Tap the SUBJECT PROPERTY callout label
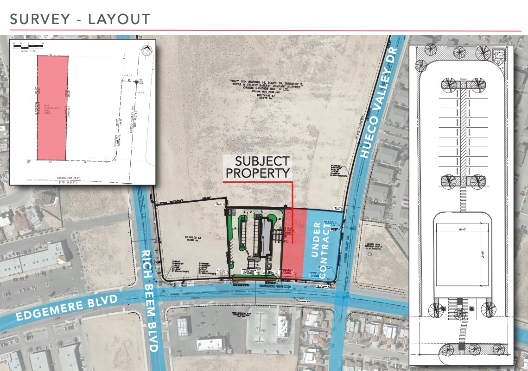262,167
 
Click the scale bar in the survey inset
28,47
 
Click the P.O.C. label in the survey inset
141,92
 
